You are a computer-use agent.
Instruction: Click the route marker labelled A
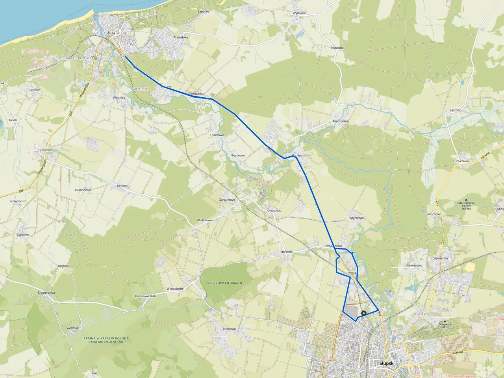[x=363, y=313]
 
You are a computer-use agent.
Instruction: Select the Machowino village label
[x=341, y=121]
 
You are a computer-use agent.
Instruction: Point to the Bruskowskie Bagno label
[x=224, y=283]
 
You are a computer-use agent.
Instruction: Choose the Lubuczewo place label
[x=460, y=161]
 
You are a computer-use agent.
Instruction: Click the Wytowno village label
[x=299, y=13]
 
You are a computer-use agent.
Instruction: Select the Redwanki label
[x=337, y=48]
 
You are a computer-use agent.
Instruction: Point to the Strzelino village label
[x=286, y=252]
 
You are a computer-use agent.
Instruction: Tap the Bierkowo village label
[x=229, y=329]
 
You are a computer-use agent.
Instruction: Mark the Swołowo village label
[x=73, y=328]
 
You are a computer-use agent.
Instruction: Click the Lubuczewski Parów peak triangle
[x=467, y=200]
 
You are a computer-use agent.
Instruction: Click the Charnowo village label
[x=217, y=135]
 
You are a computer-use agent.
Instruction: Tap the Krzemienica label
[x=46, y=293]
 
